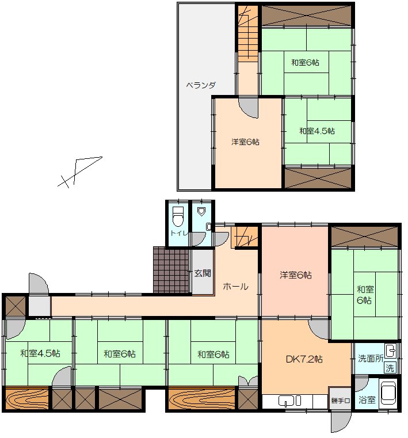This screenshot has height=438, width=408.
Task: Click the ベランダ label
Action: click(201, 85)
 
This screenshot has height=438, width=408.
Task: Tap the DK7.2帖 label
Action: click(304, 359)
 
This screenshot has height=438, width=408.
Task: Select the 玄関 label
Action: click(203, 273)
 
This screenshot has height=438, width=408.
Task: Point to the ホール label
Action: click(235, 286)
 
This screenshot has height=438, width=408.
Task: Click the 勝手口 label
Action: click(340, 401)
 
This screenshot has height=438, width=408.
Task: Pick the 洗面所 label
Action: click(370, 359)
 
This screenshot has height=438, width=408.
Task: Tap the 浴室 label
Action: click(367, 400)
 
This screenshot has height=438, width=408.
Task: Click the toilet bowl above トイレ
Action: click(178, 216)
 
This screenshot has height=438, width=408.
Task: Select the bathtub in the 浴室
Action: click(388, 393)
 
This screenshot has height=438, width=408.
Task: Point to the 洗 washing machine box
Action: click(390, 368)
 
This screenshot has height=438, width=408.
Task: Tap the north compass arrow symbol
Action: click(79, 172)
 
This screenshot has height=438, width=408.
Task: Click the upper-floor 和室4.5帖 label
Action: click(317, 131)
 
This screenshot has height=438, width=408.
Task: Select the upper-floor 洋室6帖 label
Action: click(245, 142)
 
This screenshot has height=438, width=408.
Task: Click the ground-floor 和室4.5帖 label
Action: click(40, 353)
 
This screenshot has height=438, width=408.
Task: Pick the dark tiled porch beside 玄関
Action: click(171, 269)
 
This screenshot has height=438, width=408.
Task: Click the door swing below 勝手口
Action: click(341, 421)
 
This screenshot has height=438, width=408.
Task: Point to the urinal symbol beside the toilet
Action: click(201, 211)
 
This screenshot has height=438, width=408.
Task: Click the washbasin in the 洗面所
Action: click(390, 351)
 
